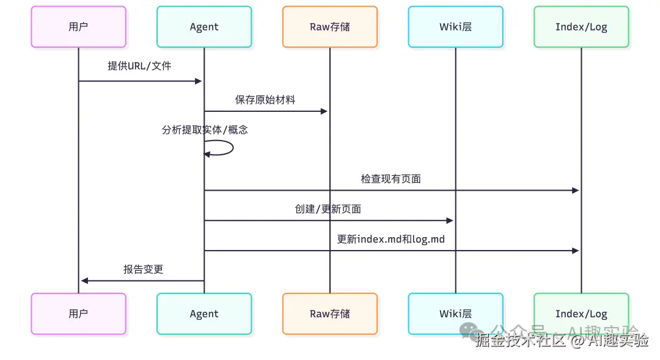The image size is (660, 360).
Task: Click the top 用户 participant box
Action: tap(78, 27)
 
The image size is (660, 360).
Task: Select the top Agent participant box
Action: tap(204, 27)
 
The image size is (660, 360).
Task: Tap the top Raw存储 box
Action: tap(330, 27)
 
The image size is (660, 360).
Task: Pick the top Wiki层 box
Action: tap(455, 27)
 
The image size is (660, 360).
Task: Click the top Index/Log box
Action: tap(581, 27)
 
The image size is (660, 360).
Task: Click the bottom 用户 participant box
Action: tap(78, 314)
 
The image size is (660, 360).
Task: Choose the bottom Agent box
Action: tap(204, 314)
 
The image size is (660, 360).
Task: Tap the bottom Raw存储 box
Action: tap(330, 314)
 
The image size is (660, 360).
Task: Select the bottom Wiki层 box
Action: tap(455, 314)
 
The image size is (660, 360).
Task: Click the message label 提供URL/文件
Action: tap(139, 66)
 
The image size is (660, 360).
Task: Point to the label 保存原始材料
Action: tap(265, 100)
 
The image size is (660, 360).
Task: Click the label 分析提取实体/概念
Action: tap(205, 130)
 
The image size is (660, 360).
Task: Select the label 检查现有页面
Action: tap(391, 179)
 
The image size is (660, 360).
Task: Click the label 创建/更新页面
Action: tap(328, 209)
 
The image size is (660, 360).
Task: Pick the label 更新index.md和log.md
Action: tap(391, 239)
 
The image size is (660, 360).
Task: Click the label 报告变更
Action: tap(143, 269)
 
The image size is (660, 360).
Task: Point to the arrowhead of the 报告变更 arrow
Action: tap(85, 281)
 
